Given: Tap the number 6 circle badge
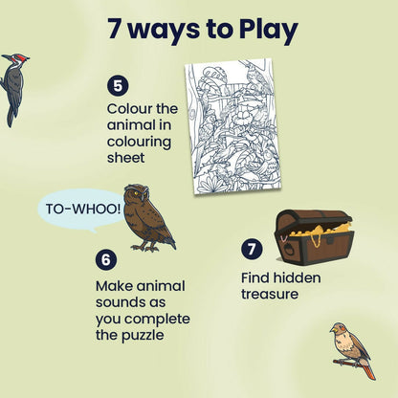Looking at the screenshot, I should point(105,259).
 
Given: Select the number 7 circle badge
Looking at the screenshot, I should point(251,250).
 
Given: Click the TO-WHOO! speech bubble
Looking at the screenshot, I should point(82,207).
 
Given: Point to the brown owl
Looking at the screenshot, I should point(147,217).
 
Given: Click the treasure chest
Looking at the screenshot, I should point(312,237).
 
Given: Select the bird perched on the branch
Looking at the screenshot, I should point(350,347).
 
